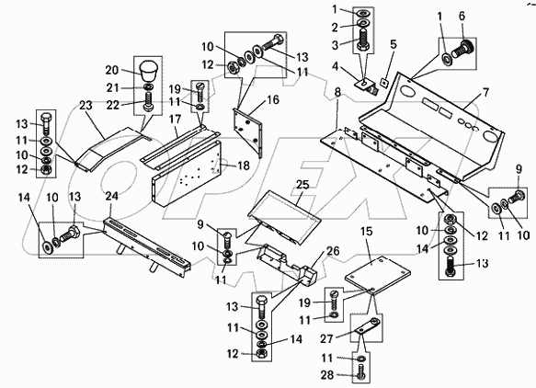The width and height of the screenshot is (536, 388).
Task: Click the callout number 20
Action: point(112,71)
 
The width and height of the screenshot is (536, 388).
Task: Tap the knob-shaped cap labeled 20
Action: point(148,71)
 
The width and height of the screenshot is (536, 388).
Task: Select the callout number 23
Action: point(86,106)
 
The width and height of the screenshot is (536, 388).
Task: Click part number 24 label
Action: point(112,196)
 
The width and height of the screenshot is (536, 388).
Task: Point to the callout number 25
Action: point(302,185)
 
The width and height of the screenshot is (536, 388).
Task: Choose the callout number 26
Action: point(333,252)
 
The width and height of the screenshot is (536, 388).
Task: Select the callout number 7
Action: point(485,93)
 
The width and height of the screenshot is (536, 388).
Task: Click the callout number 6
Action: point(462,16)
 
